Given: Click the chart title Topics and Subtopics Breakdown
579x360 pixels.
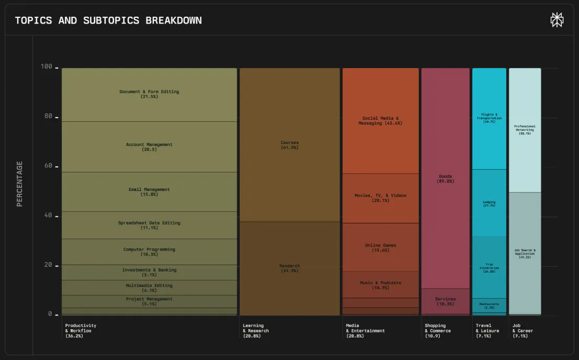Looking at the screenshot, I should coord(108,20).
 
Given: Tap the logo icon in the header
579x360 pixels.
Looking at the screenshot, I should coord(557,20).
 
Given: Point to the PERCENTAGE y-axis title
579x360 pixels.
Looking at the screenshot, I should coord(20,184).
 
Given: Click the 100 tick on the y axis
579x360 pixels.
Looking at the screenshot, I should coord(47,66).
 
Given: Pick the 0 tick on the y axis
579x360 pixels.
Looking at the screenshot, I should coord(51,314).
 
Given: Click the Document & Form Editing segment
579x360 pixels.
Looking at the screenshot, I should coord(149,94).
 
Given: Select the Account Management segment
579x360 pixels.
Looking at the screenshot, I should coord(149,147).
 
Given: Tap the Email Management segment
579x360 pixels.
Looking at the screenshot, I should coord(149,192).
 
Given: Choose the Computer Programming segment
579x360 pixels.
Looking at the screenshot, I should coord(149,252).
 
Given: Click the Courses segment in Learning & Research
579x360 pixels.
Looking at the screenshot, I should coord(289,145).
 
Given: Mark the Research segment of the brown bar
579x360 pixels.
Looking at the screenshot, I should coord(289,268).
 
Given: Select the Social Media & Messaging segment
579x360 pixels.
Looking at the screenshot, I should coord(381,121).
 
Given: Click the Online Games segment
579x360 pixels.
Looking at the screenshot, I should coord(381,247).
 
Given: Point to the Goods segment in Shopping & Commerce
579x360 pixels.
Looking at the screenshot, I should coord(446,178).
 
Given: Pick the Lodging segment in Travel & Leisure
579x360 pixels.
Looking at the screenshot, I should coord(489,203).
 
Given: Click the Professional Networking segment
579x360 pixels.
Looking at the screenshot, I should coord(525,130).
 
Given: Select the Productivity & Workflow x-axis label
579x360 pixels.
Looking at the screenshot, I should coord(81,330).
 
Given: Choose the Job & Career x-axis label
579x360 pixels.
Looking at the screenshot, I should coord(522,330).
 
